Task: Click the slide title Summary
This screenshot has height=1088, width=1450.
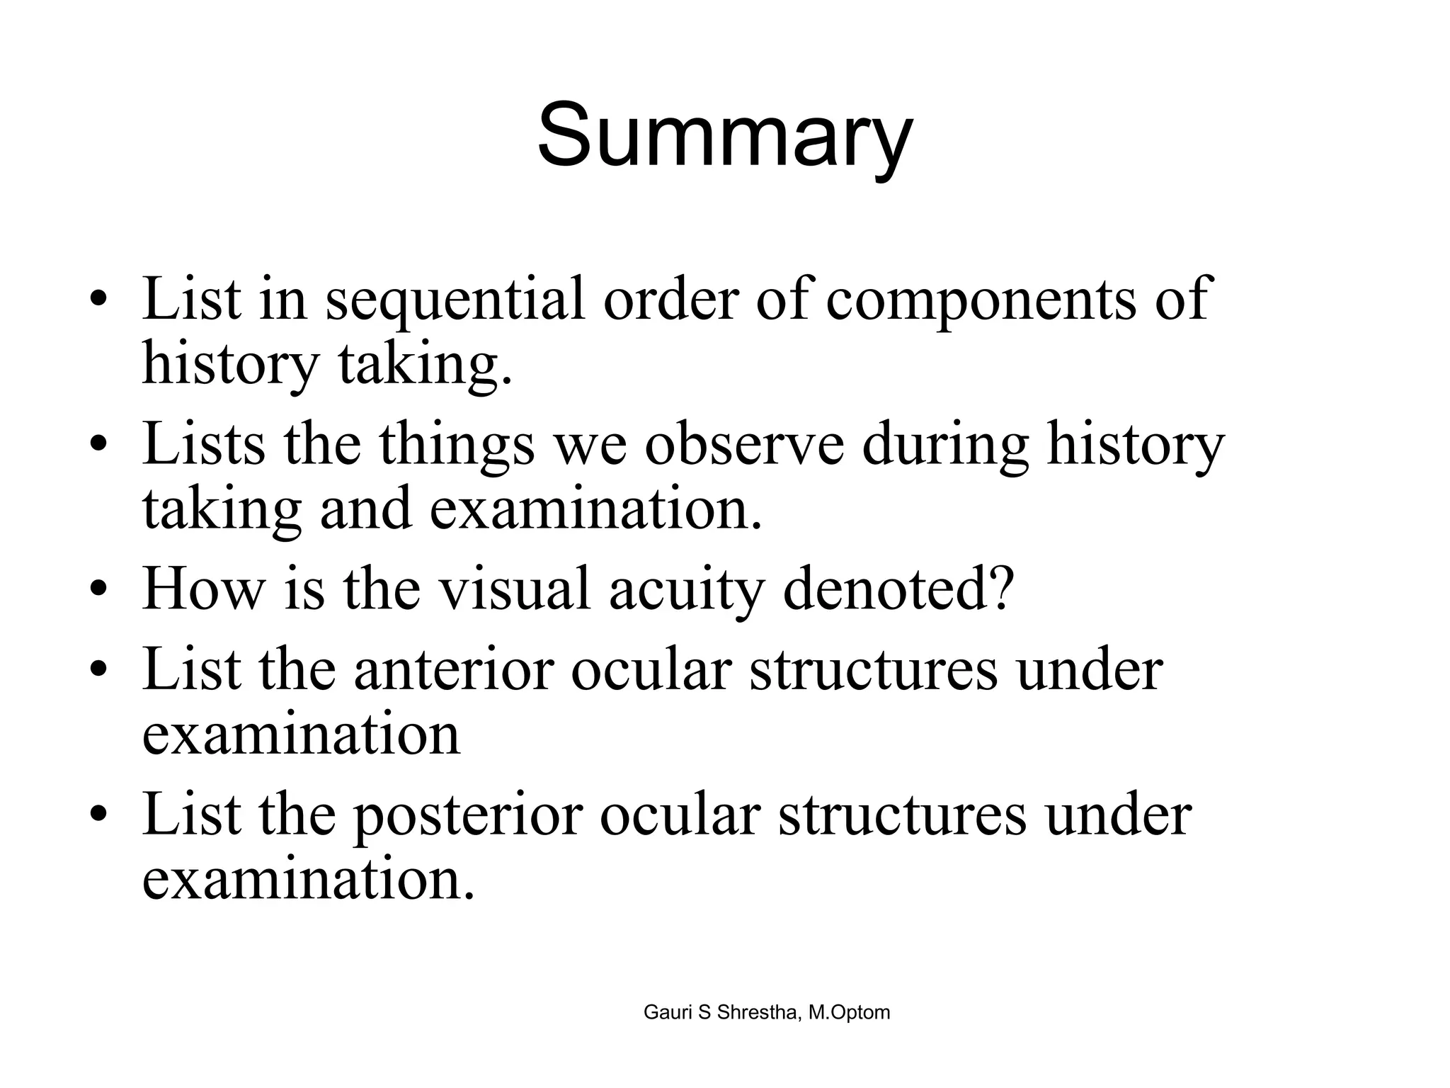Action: tap(724, 136)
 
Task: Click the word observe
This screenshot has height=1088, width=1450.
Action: tap(744, 445)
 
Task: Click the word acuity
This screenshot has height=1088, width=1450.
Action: tap(686, 591)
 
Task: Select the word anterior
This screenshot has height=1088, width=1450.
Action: tap(452, 669)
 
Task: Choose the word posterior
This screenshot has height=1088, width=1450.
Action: tap(467, 815)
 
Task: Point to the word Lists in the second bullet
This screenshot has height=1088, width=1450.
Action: tap(202, 445)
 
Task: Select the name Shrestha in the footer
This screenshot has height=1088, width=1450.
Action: tap(757, 1013)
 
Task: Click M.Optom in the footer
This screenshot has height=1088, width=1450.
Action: tap(850, 1013)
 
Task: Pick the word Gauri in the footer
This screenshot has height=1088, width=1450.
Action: tap(668, 1013)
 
